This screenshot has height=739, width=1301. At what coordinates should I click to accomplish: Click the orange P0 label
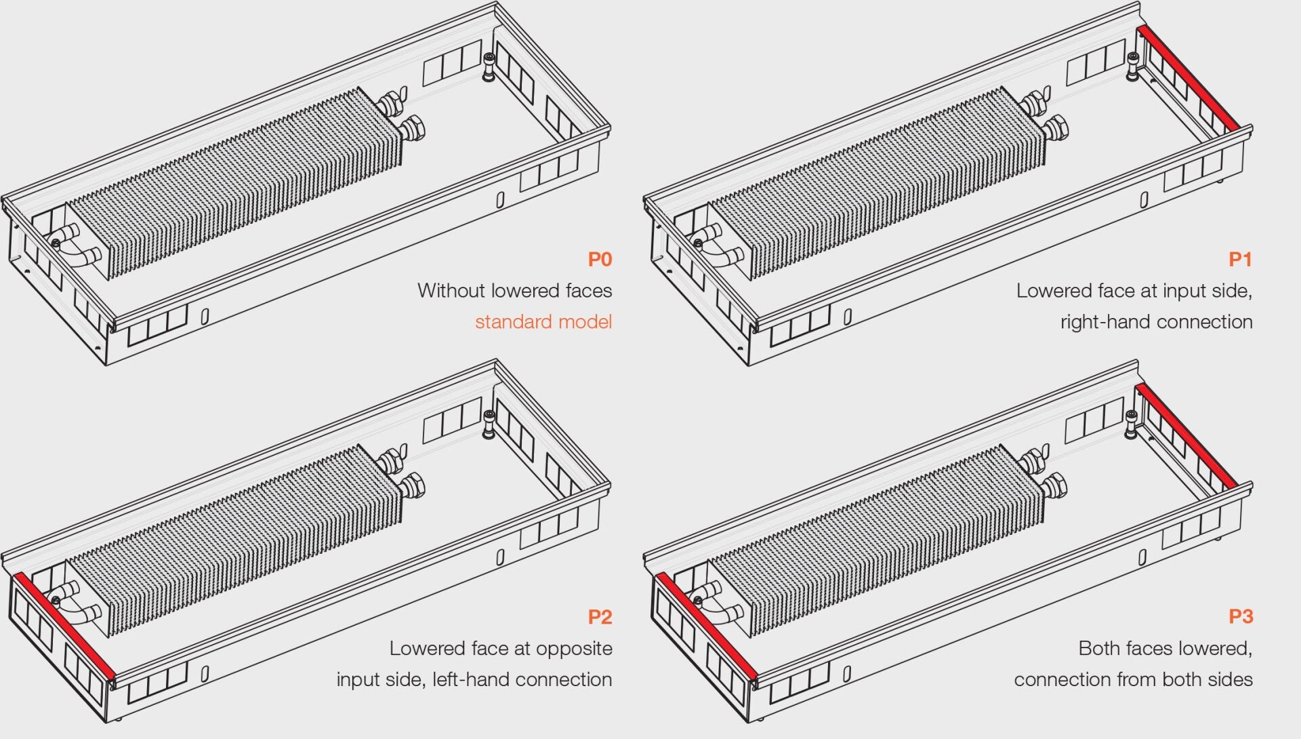[x=600, y=259]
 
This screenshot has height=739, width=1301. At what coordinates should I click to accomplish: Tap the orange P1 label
[x=1240, y=259]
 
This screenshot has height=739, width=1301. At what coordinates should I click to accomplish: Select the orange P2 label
[x=600, y=617]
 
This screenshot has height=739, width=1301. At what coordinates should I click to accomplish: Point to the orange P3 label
[x=1240, y=617]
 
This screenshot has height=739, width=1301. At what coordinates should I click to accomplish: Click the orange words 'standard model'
[x=543, y=321]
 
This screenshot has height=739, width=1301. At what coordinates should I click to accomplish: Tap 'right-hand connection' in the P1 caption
[x=1156, y=321]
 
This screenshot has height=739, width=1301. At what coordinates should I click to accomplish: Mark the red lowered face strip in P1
[x=1189, y=77]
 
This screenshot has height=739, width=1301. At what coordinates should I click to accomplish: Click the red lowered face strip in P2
[x=64, y=625]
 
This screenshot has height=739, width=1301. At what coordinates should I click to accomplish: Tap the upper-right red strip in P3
[x=1187, y=436]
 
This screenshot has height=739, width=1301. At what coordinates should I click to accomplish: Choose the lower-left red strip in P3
[x=705, y=625]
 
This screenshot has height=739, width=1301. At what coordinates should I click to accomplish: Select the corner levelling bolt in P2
[x=489, y=424]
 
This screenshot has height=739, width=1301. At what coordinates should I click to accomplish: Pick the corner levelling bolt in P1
[x=1132, y=66]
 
